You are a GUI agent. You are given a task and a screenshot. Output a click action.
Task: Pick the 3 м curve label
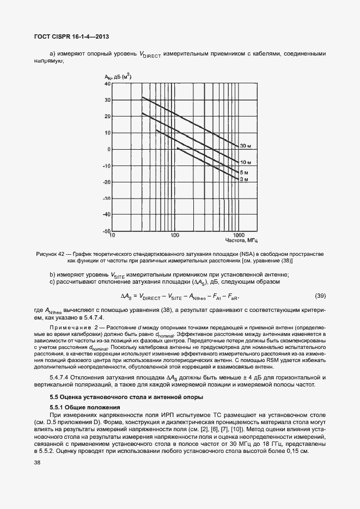pyautogui.click(x=245, y=179)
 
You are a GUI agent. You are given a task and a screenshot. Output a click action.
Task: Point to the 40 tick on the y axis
pyautogui.click(x=107, y=84)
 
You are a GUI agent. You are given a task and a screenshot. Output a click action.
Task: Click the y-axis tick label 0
pyautogui.click(x=108, y=149)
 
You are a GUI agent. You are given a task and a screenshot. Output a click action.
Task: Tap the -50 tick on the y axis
pyautogui.click(x=106, y=231)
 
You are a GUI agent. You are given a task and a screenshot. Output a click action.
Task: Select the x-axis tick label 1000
pyautogui.click(x=237, y=235)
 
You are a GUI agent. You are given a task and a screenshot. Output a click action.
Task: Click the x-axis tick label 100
pyautogui.click(x=175, y=235)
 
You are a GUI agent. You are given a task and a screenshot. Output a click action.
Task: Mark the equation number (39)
pyautogui.click(x=320, y=296)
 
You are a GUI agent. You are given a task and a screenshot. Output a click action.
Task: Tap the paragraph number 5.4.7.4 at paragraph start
pyautogui.click(x=64, y=378)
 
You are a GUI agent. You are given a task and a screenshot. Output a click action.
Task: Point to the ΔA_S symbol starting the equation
pyautogui.click(x=125, y=296)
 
